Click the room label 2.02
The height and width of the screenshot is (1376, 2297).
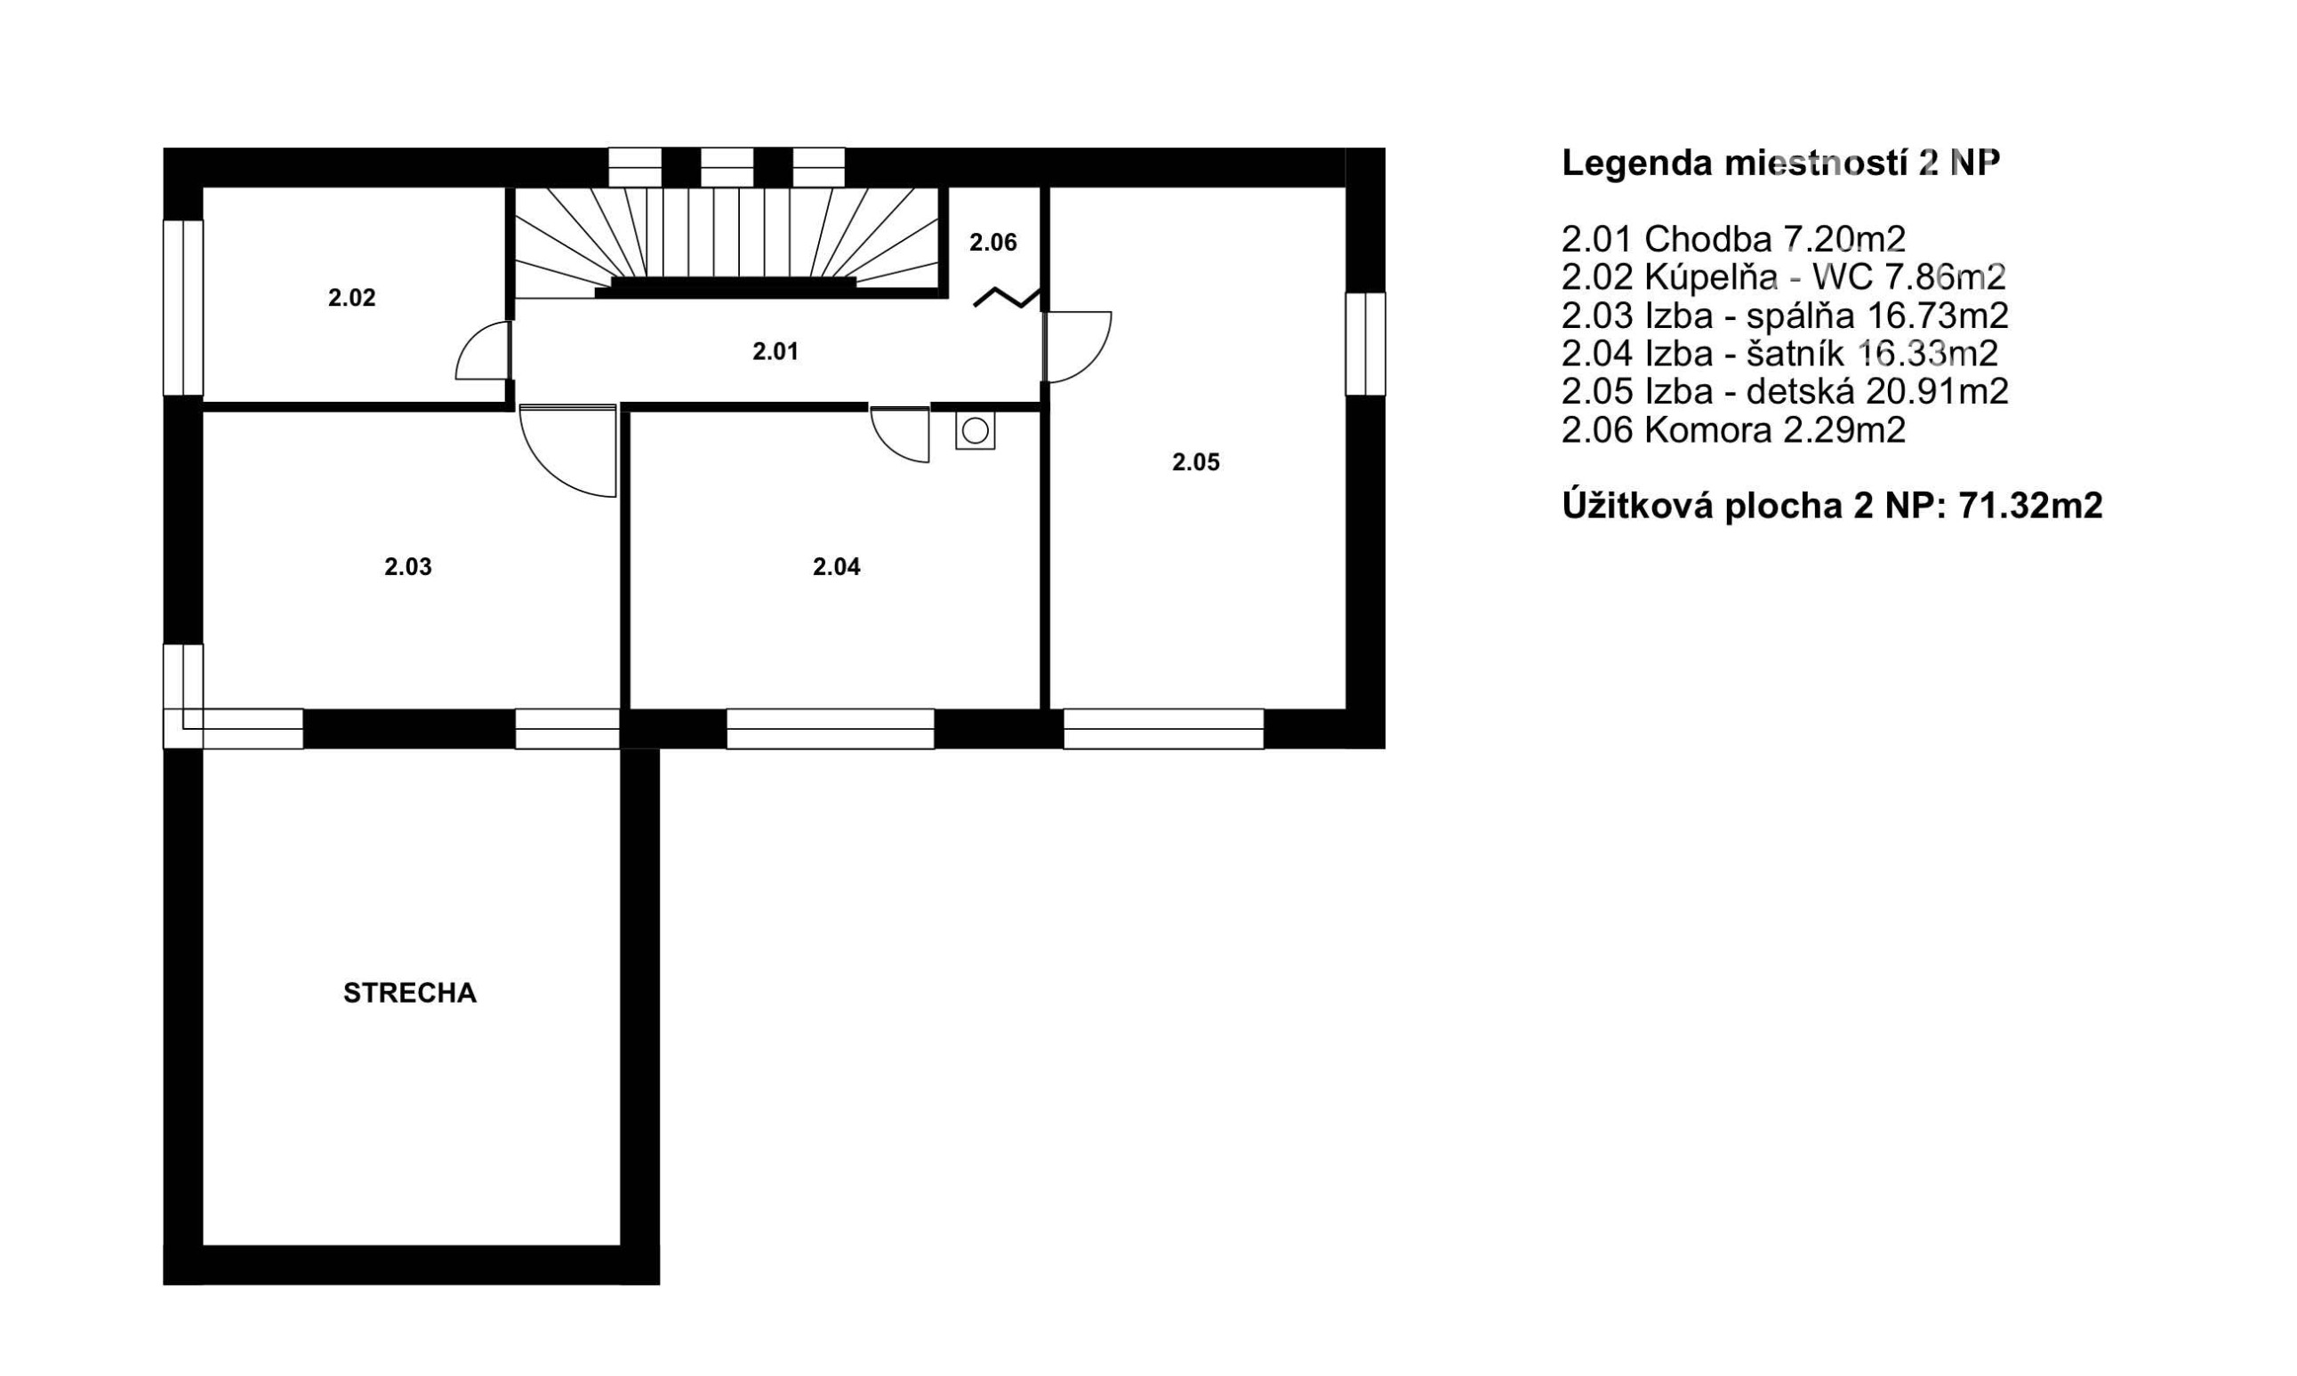click(351, 298)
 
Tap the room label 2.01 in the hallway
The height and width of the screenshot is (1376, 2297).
click(775, 351)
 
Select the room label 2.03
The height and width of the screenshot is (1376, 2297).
click(408, 566)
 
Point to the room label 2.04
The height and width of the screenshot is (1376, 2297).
click(837, 566)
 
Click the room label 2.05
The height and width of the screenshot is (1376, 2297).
click(1196, 461)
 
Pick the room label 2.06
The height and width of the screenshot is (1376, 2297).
click(993, 242)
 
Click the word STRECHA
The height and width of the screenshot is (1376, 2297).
click(410, 993)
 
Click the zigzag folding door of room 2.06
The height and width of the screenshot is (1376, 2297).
click(1006, 298)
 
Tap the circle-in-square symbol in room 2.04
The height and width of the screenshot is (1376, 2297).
click(976, 431)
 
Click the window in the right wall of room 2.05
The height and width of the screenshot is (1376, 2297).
click(1365, 344)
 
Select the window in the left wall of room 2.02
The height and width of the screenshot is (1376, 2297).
click(182, 308)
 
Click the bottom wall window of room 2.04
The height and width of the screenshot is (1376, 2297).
click(830, 729)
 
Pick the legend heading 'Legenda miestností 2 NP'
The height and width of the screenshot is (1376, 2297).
click(1780, 164)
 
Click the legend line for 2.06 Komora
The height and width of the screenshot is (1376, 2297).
click(1733, 430)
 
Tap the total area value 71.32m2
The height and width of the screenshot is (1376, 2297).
click(2030, 507)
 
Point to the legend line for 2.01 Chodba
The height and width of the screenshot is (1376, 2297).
click(1733, 239)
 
